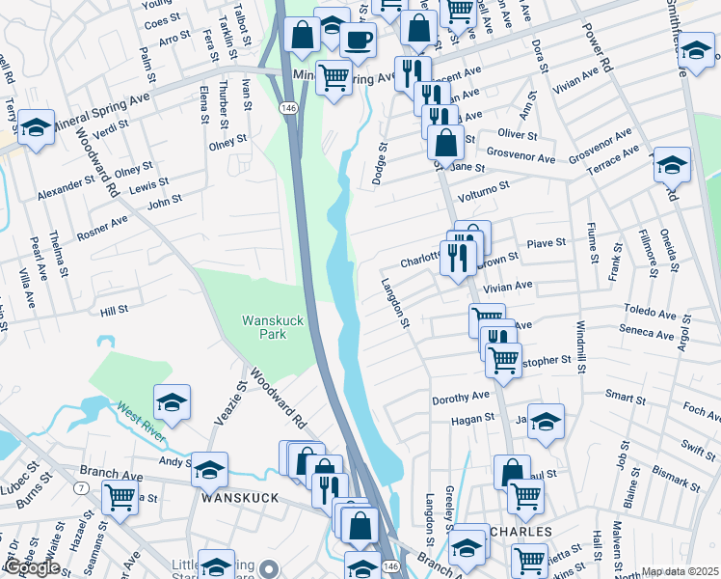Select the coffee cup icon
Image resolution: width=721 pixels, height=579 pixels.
click(358, 41)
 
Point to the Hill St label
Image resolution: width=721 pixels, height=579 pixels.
click(114, 311)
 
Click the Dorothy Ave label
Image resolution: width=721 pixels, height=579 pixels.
click(461, 397)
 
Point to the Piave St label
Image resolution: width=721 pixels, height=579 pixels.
click(546, 244)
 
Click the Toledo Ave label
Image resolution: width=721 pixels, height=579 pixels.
click(649, 314)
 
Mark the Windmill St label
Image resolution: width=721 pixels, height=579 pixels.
click(580, 348)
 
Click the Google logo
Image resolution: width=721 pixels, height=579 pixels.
click(33, 567)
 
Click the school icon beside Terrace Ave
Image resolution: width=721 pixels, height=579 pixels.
click(672, 164)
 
